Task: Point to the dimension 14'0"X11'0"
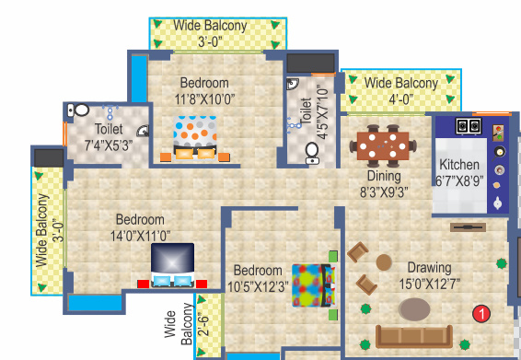pyautogui.click(x=140, y=236)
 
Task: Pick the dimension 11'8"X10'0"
pyautogui.click(x=205, y=97)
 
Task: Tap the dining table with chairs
pyautogui.click(x=383, y=145)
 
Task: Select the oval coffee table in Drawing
pyautogui.click(x=414, y=308)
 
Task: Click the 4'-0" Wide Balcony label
pyautogui.click(x=400, y=90)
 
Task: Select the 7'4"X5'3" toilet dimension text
pyautogui.click(x=110, y=145)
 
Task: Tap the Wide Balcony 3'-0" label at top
pyautogui.click(x=210, y=33)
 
